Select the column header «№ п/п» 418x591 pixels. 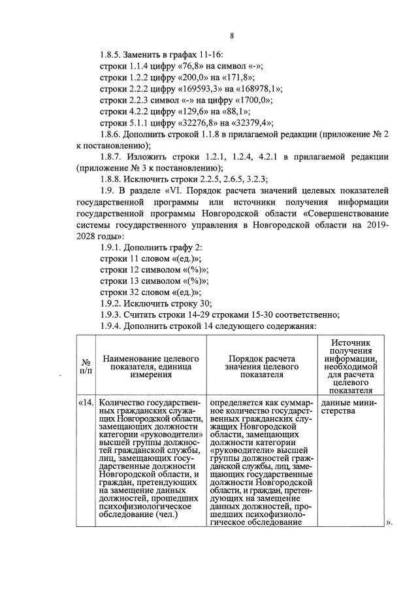pos(86,365)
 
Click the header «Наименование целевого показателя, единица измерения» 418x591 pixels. pos(151,365)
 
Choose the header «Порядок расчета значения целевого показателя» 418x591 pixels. pos(262,365)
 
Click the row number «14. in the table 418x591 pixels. pos(86,402)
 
